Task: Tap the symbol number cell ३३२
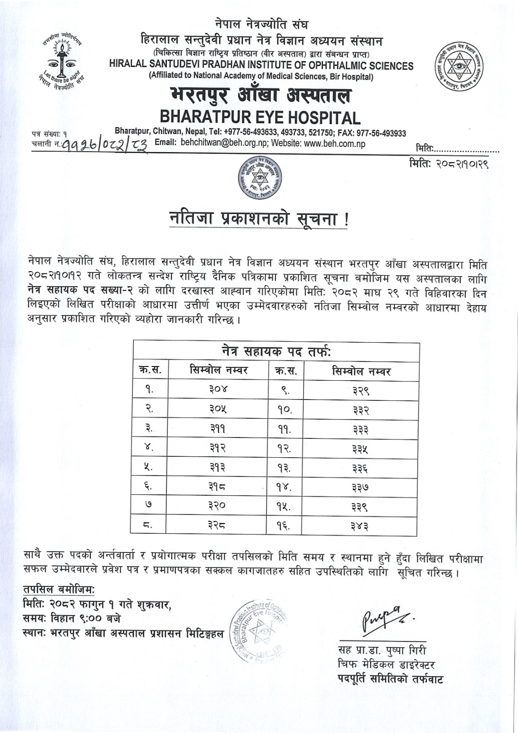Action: coord(361,410)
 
